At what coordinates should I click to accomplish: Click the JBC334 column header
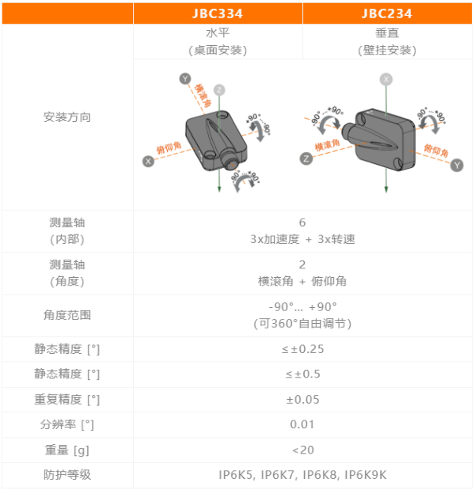coord(218,13)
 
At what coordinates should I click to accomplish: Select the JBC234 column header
coord(387,13)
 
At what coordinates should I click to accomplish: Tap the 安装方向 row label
coord(67,117)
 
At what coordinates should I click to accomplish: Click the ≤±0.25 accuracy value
coord(302,349)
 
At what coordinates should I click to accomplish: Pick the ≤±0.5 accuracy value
coord(302,374)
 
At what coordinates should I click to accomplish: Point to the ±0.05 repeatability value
coord(302,400)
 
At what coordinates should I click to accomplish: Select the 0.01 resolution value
coord(302,424)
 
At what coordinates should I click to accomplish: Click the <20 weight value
coord(303,450)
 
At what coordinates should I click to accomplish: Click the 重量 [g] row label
coord(67,450)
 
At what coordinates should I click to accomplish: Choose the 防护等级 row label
coord(67,475)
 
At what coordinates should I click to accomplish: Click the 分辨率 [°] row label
coord(67,424)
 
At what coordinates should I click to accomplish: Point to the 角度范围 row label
coord(67,315)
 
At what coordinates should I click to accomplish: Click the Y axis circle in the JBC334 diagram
coord(185,78)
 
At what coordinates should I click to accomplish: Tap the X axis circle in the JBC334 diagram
coord(148,161)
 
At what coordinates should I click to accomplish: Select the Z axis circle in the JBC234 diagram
coord(306,158)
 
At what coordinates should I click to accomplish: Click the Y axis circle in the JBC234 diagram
coord(457,165)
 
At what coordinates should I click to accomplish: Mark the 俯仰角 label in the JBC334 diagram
coord(169,147)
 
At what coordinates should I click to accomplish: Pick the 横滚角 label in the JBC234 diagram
coord(327,145)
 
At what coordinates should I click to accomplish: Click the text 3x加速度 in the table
coord(275,239)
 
